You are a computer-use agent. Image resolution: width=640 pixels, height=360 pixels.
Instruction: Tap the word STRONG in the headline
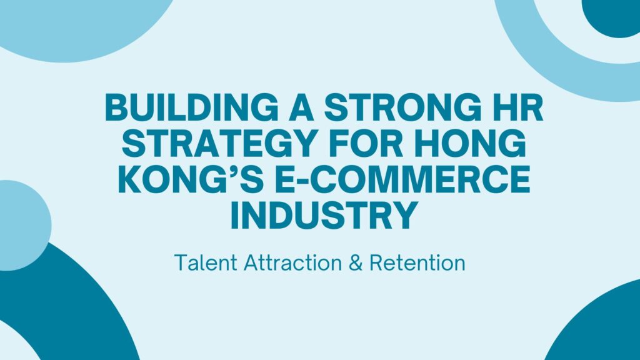click(399, 107)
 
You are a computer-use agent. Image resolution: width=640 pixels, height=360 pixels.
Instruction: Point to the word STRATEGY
click(221, 143)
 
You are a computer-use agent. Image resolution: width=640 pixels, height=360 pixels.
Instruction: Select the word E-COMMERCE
click(402, 179)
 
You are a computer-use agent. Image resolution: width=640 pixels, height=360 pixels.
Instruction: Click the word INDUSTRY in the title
click(324, 215)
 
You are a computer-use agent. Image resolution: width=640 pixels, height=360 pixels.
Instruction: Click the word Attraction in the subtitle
click(292, 262)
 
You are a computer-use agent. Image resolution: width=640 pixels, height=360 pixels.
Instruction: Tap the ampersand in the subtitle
click(356, 262)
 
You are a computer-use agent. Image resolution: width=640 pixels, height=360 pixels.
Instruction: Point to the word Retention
click(417, 262)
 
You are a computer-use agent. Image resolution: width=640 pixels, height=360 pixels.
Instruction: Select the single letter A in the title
click(301, 107)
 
